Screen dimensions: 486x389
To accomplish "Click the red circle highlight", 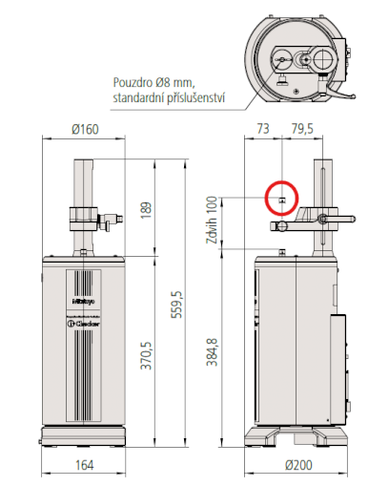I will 282,199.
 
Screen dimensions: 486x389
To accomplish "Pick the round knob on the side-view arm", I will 282,226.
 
